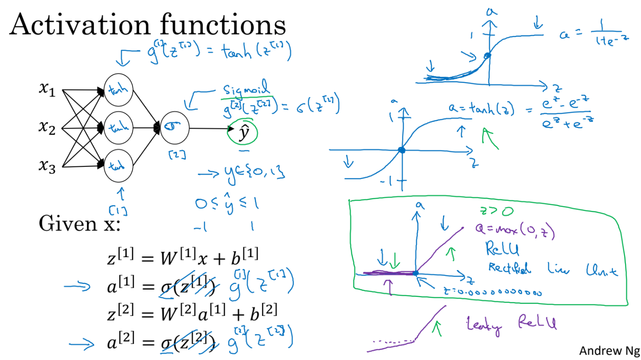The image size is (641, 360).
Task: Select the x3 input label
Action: pos(47,166)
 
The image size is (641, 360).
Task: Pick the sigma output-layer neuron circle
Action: pos(174,127)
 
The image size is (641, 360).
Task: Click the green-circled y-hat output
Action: pos(243,133)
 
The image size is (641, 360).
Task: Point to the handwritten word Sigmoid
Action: pos(246,89)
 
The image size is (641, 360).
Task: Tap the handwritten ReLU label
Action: pos(502,248)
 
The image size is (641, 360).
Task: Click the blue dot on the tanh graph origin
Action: pos(402,150)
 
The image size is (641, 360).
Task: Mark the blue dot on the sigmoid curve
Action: pos(487,55)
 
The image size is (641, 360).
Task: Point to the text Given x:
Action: pos(79,224)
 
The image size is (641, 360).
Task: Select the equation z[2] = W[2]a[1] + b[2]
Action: pos(192,312)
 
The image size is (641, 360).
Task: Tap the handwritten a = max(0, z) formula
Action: pos(514,229)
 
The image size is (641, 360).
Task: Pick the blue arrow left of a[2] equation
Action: pos(82,344)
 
